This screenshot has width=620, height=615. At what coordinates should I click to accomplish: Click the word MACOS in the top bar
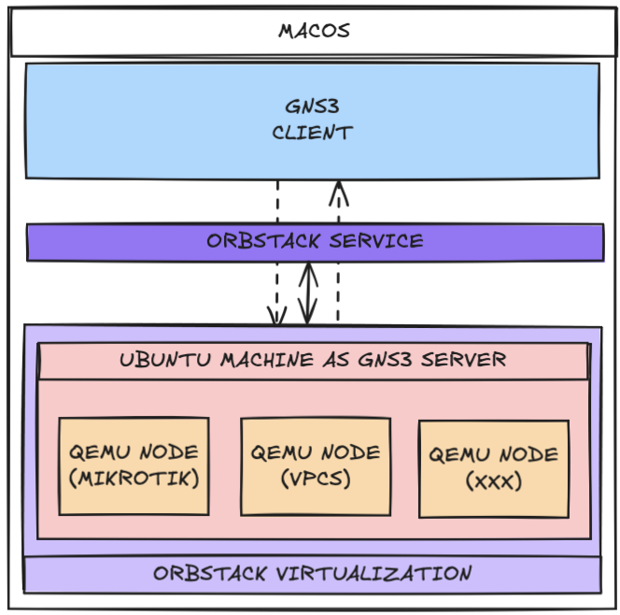coord(314,30)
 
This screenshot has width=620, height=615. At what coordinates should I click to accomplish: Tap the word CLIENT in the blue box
coord(313,133)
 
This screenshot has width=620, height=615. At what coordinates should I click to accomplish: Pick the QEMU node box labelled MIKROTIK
coord(134,465)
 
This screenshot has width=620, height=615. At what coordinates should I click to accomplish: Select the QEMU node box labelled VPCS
coord(315,465)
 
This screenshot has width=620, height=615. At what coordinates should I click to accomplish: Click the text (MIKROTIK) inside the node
coord(134,479)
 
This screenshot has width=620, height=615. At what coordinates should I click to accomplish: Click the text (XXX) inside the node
coord(493,482)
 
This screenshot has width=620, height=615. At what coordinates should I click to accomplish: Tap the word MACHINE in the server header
coord(261,360)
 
